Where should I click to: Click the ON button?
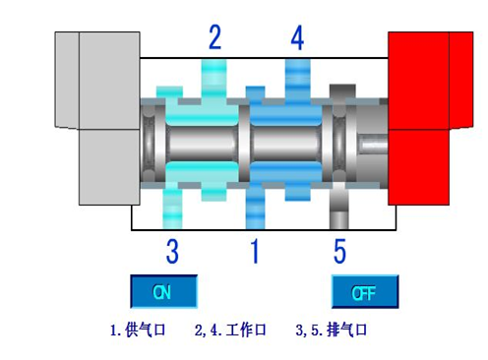coord(164,291)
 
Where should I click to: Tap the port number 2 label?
coord(214,38)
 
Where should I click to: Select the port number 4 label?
coord(298,38)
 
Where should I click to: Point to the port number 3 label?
coord(172,252)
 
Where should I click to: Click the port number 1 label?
coord(255,252)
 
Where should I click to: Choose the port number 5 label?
coord(339,252)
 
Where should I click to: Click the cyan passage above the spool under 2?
coord(214,77)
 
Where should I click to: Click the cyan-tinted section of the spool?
coord(202,140)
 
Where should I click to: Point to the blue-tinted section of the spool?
coord(285,140)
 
